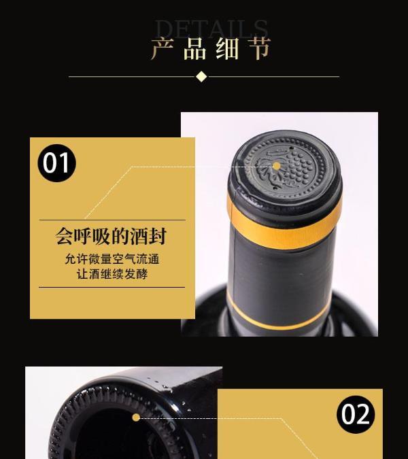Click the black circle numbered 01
56,163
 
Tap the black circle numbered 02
356,415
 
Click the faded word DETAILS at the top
211,29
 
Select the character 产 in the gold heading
163,48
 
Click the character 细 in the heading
227,48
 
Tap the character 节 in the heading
259,48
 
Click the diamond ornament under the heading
201,77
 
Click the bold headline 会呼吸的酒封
112,236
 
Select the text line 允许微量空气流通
112,259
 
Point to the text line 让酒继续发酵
112,274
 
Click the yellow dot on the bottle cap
276,167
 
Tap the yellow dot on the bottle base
136,418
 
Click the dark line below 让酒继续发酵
112,287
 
